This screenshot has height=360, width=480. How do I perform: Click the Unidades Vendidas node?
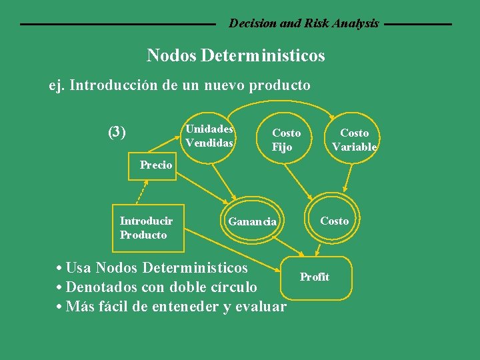click(209, 136)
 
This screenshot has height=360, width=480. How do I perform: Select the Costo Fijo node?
click(286, 140)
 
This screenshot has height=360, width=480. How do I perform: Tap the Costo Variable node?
click(354, 140)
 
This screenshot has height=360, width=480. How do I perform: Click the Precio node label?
click(156, 165)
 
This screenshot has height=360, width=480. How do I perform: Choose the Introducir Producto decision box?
click(147, 228)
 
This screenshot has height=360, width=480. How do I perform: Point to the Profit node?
click(314, 277)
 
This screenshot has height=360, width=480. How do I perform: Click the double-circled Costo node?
click(334, 221)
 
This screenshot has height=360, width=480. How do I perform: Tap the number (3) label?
click(117, 132)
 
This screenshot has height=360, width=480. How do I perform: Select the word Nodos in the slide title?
click(171, 55)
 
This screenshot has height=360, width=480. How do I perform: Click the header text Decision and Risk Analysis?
click(304, 23)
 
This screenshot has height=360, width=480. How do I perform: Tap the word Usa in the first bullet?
click(79, 268)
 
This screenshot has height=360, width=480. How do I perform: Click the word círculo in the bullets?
click(233, 287)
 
